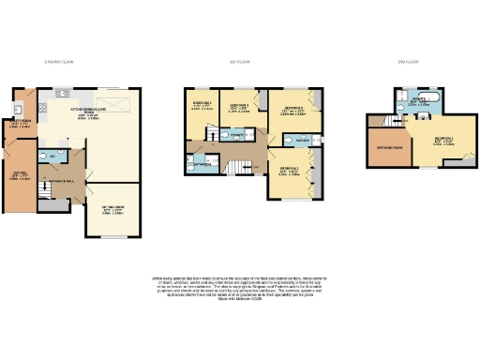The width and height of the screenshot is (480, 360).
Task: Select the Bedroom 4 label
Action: pos(240,106)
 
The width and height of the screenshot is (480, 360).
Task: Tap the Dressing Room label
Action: pos(390,147)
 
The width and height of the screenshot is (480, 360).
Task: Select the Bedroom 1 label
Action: pos(443,141)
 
